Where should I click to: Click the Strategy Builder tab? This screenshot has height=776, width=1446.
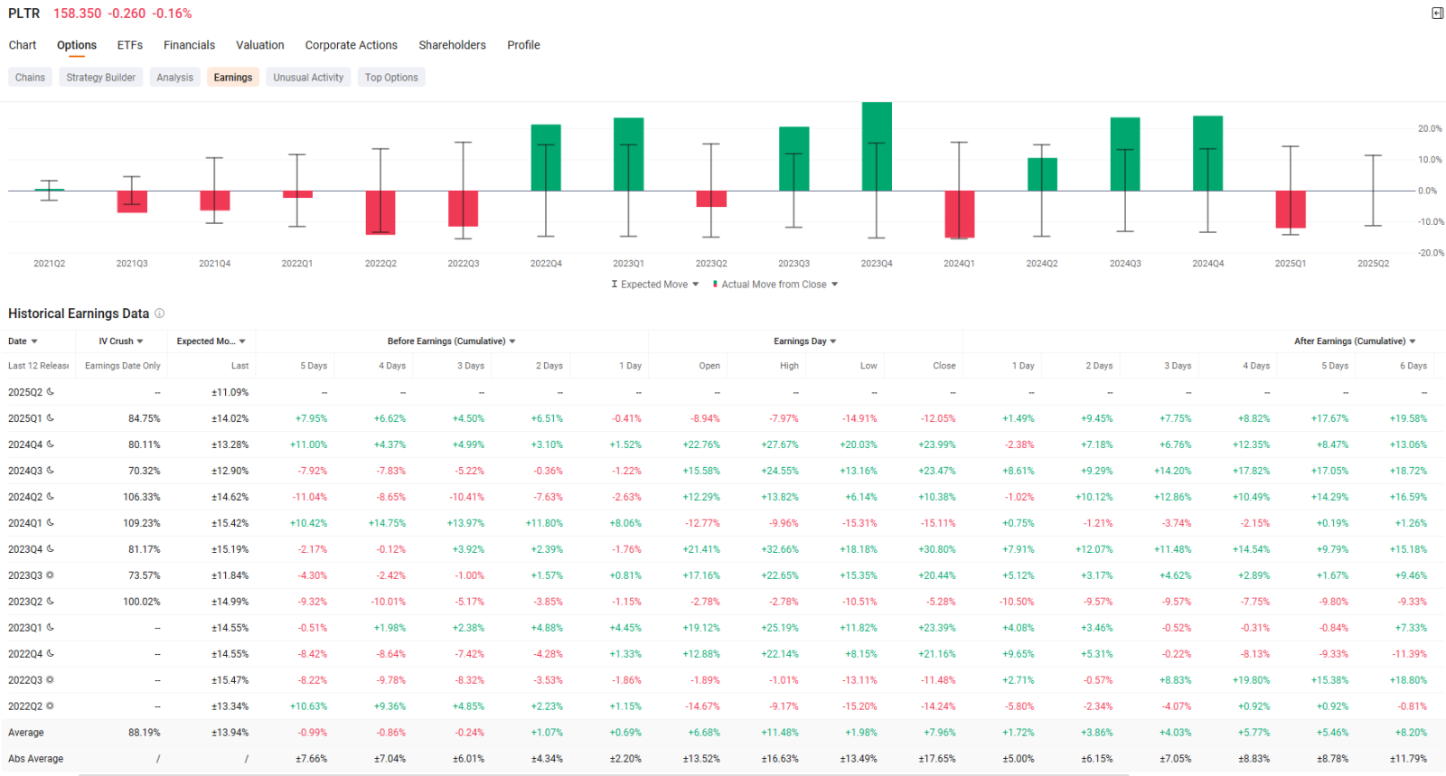pyautogui.click(x=100, y=78)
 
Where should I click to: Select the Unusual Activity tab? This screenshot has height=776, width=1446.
pyautogui.click(x=308, y=78)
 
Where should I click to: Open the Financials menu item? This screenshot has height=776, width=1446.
pyautogui.click(x=189, y=45)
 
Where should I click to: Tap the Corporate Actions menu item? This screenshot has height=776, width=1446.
pyautogui.click(x=352, y=45)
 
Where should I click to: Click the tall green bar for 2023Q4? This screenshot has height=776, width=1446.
pyautogui.click(x=877, y=146)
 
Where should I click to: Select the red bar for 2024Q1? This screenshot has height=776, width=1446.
pyautogui.click(x=959, y=214)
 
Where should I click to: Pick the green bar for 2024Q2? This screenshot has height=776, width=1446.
pyautogui.click(x=1042, y=174)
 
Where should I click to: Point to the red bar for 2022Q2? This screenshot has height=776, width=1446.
pyautogui.click(x=380, y=212)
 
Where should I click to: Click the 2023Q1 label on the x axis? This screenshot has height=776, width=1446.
pyautogui.click(x=628, y=263)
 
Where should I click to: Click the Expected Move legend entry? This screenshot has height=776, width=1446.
pyautogui.click(x=654, y=285)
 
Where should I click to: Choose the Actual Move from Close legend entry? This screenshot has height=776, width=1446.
pyautogui.click(x=775, y=285)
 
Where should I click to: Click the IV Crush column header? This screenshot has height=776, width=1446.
pyautogui.click(x=121, y=341)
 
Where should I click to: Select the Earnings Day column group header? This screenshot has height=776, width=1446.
pyautogui.click(x=805, y=341)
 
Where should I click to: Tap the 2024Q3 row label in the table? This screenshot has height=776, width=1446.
pyautogui.click(x=25, y=471)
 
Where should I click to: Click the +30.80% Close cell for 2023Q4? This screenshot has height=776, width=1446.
pyautogui.click(x=936, y=549)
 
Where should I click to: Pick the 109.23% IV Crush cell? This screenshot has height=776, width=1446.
pyautogui.click(x=141, y=523)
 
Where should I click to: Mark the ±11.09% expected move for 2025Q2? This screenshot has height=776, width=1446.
pyautogui.click(x=230, y=392)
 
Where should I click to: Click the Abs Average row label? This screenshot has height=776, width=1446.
pyautogui.click(x=35, y=759)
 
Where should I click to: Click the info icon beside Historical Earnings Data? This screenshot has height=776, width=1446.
pyautogui.click(x=159, y=313)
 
